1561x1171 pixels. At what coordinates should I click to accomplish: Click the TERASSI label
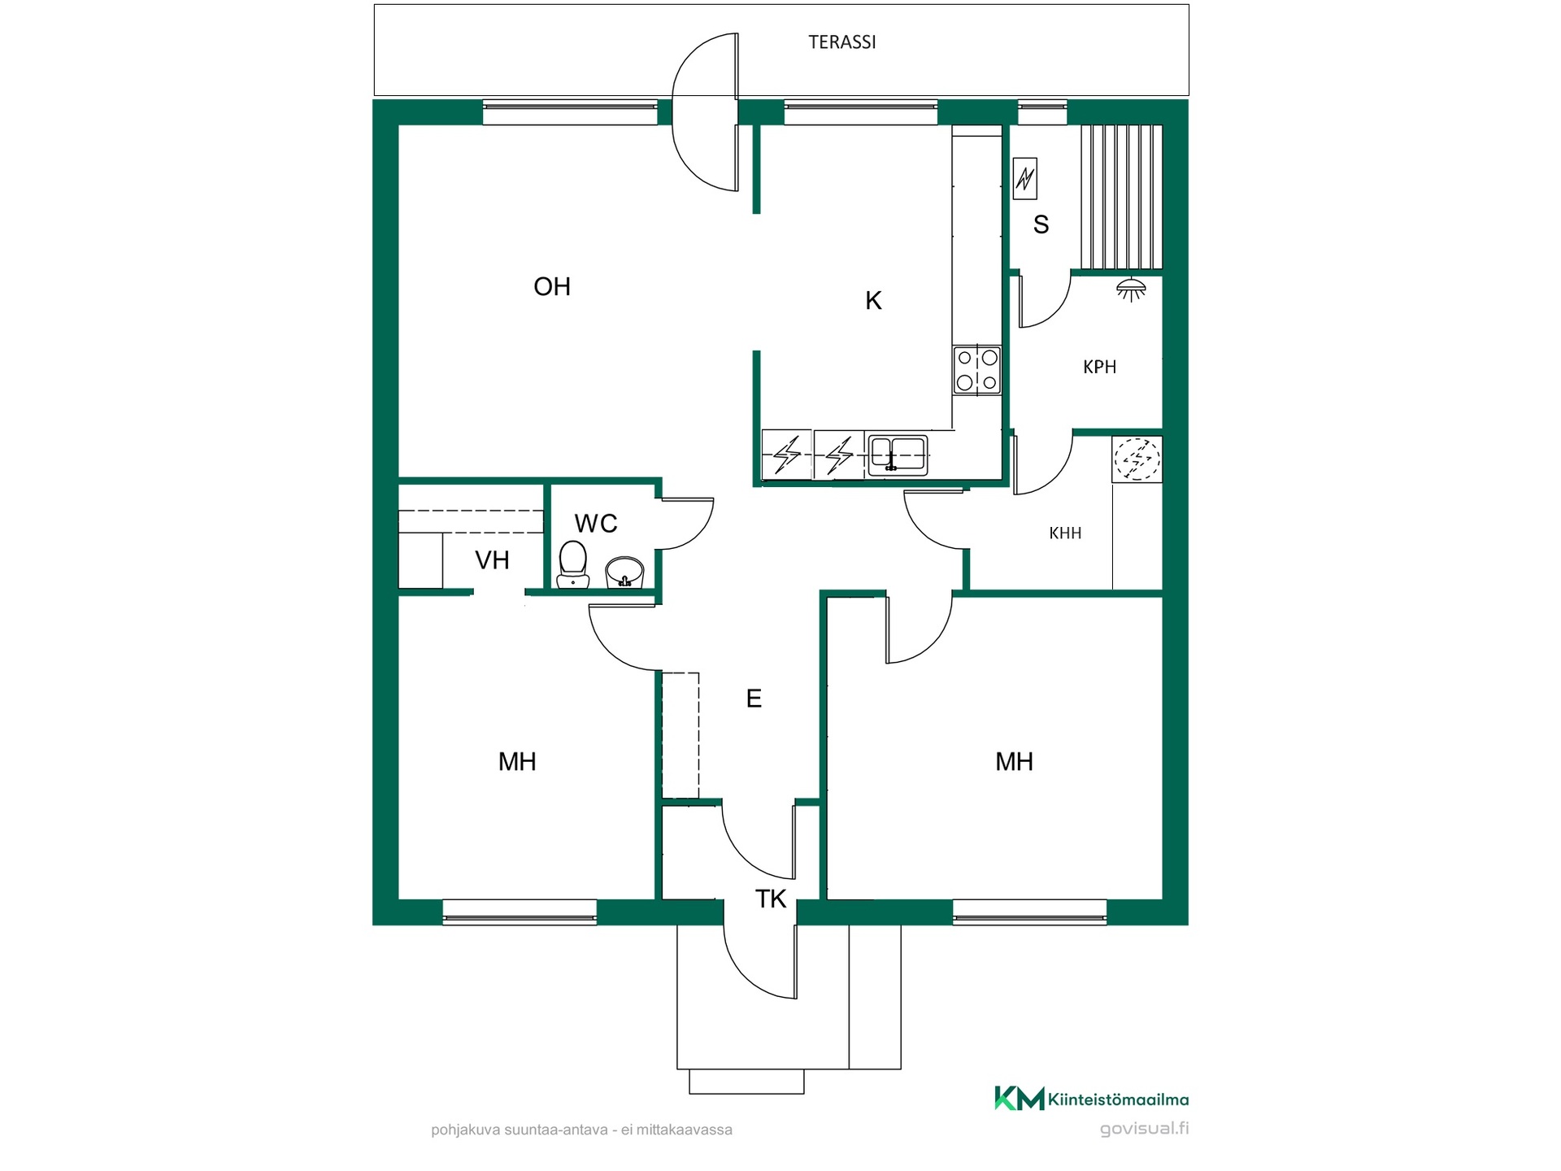point(841,42)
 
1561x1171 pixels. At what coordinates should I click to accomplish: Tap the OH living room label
point(552,286)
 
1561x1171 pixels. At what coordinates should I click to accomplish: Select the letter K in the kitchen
point(873,301)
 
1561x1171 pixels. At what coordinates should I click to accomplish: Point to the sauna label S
point(1041,224)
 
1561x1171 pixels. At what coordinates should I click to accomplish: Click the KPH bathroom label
point(1099,367)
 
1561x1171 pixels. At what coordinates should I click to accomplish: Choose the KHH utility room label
point(1065,533)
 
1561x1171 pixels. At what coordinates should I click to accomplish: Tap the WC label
point(596,524)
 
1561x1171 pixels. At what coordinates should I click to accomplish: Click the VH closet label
point(492,560)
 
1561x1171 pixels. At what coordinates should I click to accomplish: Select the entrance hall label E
point(754,699)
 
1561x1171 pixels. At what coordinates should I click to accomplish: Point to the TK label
point(771,899)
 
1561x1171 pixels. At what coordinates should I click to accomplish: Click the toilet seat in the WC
point(573,564)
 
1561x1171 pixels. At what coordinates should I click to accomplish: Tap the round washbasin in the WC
point(624,572)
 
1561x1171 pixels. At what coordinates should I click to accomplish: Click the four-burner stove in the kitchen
point(977,370)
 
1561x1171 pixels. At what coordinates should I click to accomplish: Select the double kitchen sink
point(898,455)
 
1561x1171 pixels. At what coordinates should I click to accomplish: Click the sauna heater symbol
point(1025,178)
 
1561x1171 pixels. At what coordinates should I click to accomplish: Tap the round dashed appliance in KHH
point(1137,459)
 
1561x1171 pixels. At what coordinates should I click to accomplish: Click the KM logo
point(1020,1099)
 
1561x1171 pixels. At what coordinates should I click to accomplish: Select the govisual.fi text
point(1144,1129)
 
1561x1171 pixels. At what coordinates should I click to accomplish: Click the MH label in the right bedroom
point(1014,762)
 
